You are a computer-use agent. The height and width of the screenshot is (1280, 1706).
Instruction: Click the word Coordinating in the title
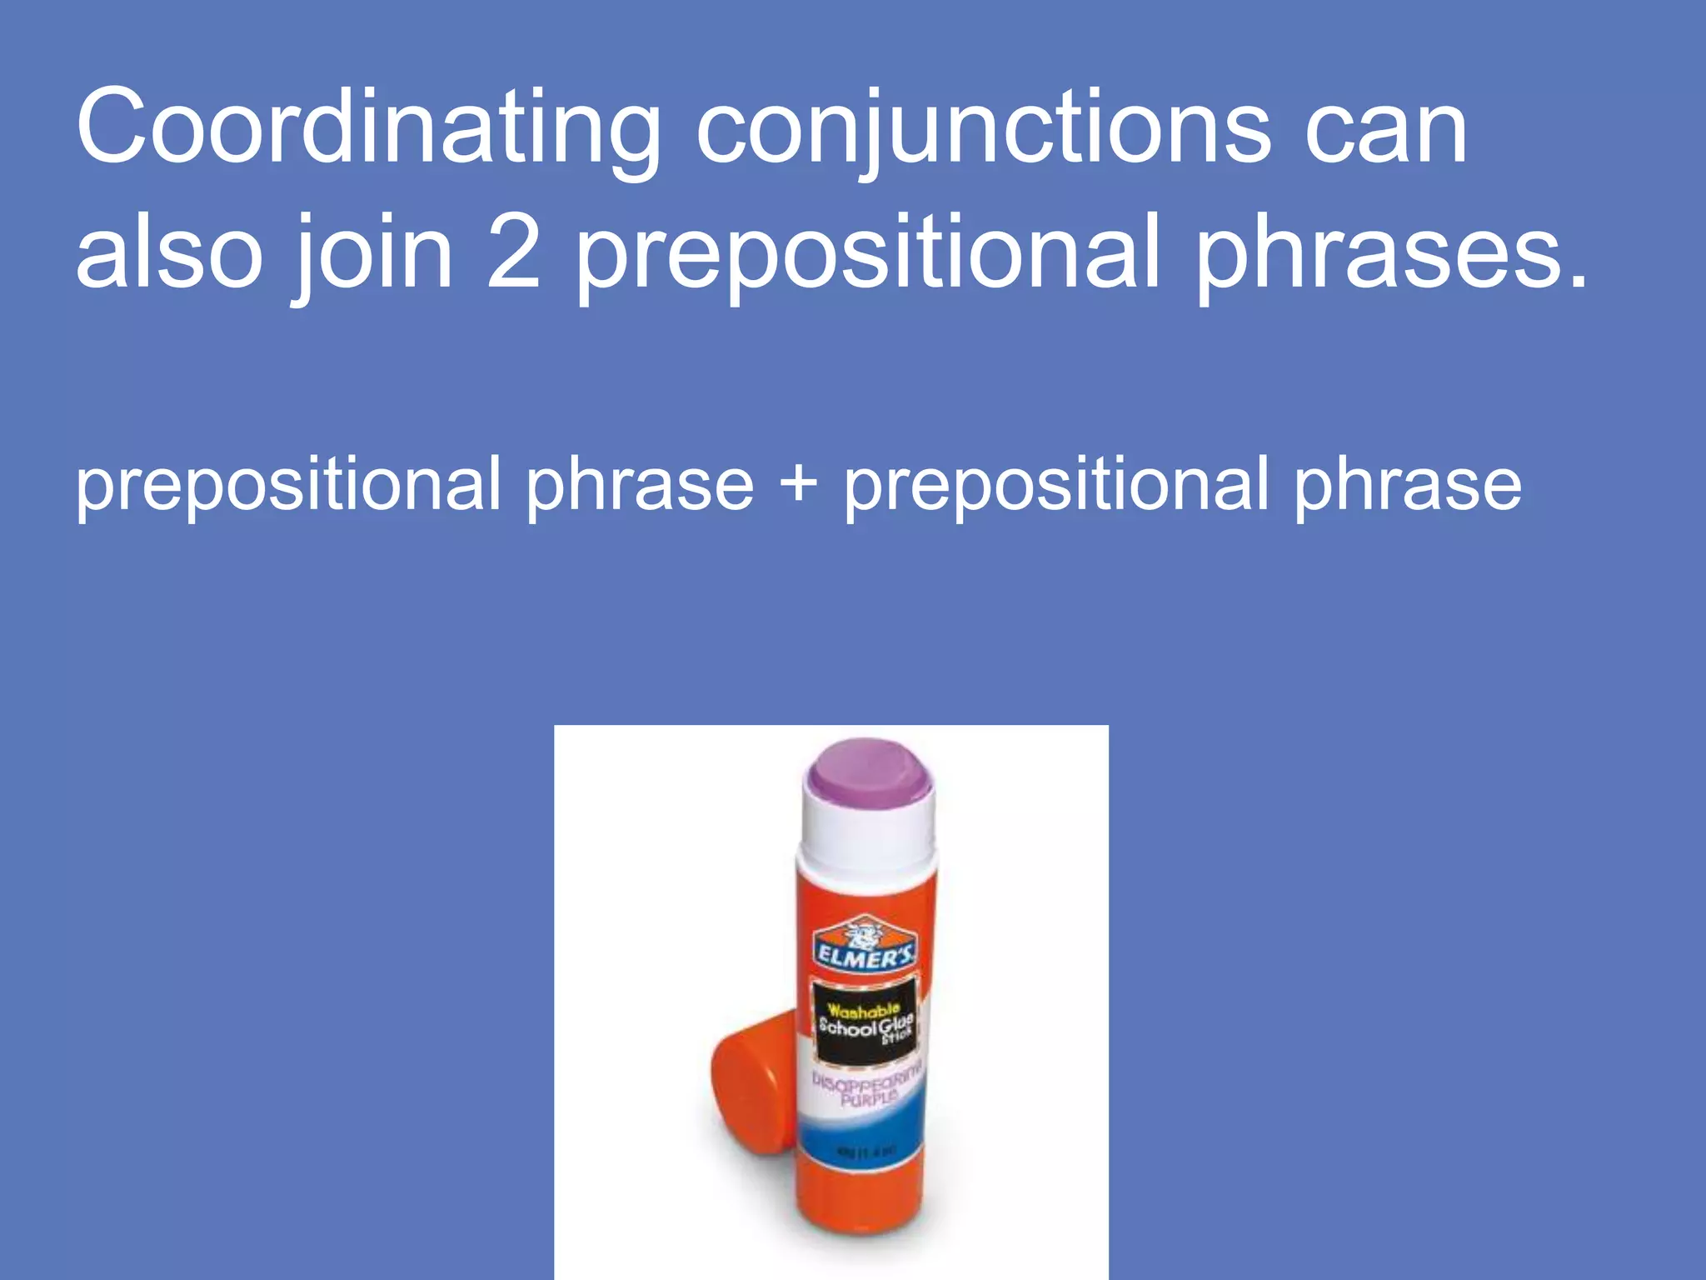coord(367,129)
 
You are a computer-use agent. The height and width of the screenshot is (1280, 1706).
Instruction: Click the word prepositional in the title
coord(867,254)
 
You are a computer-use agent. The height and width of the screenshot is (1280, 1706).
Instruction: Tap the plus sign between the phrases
coord(799,484)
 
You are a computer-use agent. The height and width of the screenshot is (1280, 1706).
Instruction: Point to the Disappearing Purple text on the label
coord(866,1087)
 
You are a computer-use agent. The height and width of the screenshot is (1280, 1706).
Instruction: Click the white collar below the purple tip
coord(866,833)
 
